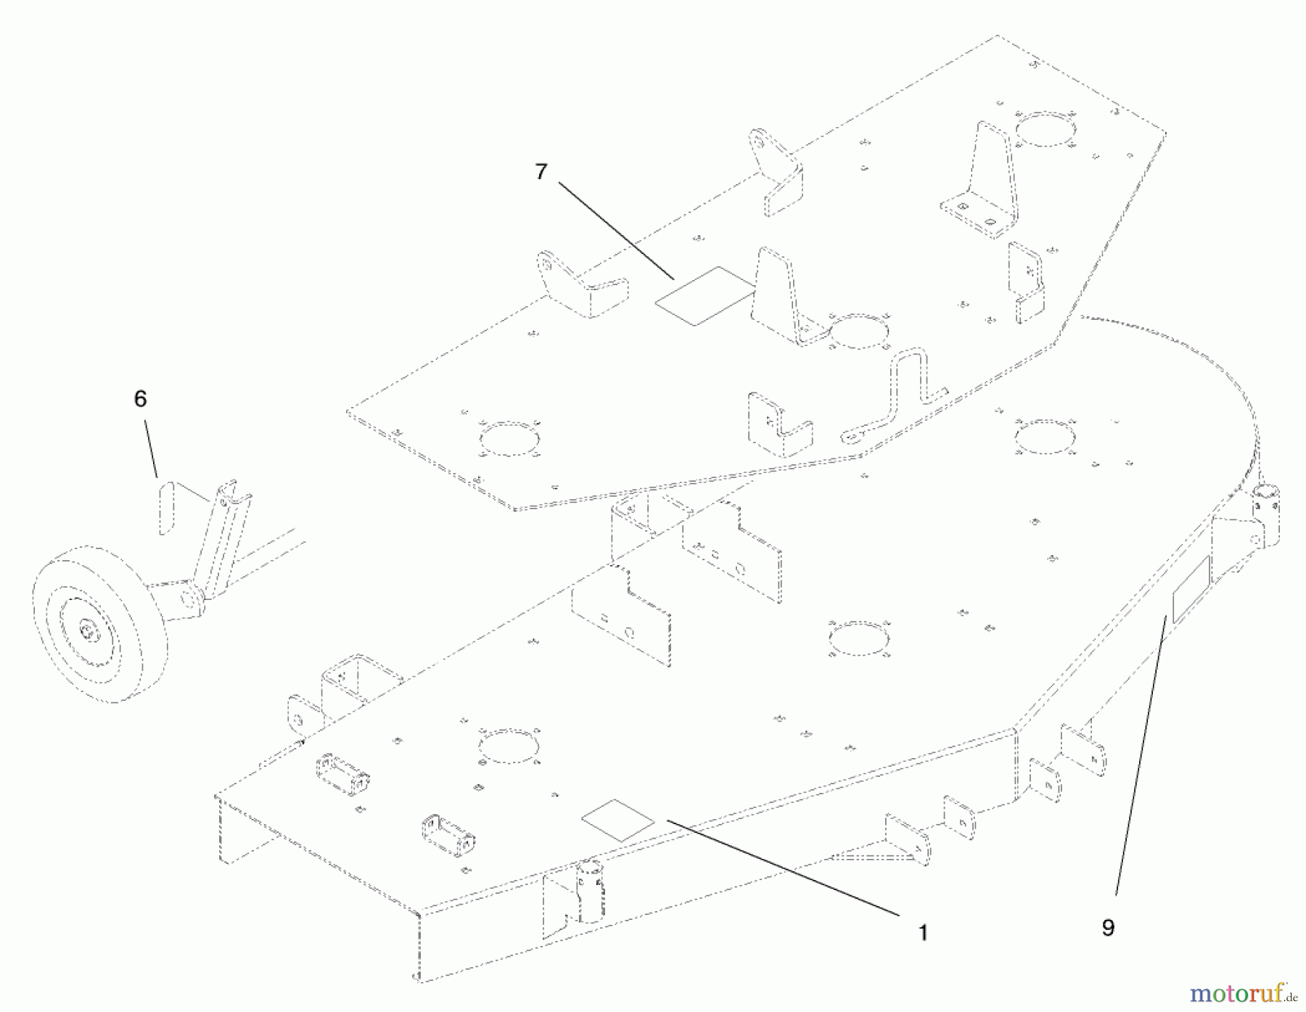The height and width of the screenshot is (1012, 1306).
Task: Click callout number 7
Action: click(x=541, y=172)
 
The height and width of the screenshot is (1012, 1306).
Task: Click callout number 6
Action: click(x=141, y=398)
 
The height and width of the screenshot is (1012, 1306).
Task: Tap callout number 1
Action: click(x=923, y=932)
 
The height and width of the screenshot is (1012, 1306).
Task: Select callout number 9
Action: click(x=1108, y=927)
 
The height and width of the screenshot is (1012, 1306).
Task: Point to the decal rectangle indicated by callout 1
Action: click(x=617, y=820)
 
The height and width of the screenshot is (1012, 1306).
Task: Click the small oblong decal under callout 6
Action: click(x=167, y=506)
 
